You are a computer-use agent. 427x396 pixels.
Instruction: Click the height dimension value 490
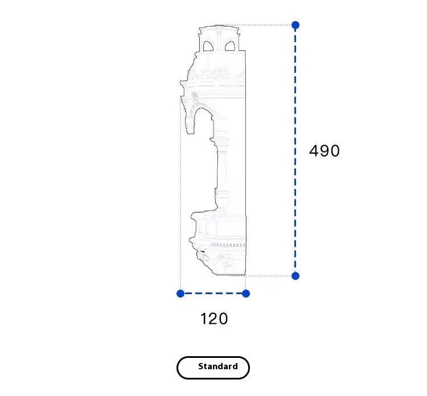[325, 151]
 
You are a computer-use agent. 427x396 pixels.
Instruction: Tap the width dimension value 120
[214, 319]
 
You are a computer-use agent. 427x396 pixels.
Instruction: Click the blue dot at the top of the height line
[295, 25]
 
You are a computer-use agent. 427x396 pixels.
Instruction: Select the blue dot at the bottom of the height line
[295, 276]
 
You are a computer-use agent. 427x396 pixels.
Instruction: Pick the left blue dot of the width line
[180, 294]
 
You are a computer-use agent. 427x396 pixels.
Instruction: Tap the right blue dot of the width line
[245, 294]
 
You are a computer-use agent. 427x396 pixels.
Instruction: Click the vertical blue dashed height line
[295, 151]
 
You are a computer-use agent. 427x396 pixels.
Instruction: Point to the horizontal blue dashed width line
[213, 294]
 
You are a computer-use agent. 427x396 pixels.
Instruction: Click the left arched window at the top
[208, 46]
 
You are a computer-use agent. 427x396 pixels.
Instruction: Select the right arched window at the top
[230, 46]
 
